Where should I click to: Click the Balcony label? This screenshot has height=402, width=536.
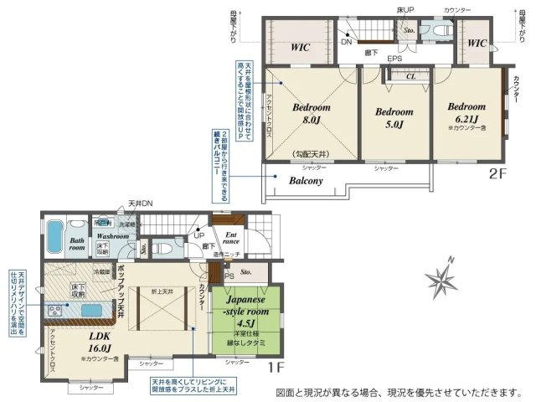(x=307, y=180)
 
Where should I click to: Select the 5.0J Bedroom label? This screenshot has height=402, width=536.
(x=394, y=118)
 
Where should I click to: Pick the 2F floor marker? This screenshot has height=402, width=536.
(x=497, y=174)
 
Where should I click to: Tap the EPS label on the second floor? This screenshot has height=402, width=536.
(x=394, y=59)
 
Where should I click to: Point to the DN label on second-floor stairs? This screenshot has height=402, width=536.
(x=345, y=42)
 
